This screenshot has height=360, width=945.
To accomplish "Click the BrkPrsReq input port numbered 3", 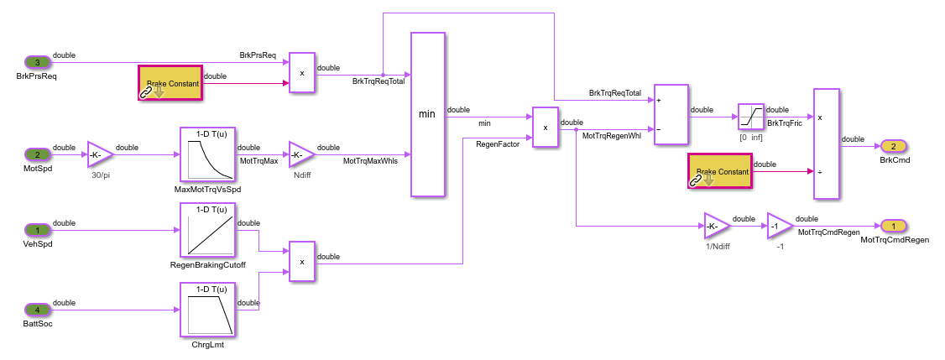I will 38,62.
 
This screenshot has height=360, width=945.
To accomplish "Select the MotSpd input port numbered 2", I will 38,154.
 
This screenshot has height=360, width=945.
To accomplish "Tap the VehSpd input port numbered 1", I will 38,229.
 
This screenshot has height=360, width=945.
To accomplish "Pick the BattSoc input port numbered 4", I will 38,310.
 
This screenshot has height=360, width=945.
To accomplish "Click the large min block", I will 427,114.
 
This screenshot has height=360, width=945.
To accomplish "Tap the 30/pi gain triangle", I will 98,154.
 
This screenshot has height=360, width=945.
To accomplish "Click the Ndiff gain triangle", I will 300,154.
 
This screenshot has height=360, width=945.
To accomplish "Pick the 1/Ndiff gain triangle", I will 716,226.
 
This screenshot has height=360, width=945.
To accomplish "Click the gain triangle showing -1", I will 778,226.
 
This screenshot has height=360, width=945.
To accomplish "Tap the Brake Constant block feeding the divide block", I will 720,171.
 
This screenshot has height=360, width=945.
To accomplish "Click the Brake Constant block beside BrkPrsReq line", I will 170,83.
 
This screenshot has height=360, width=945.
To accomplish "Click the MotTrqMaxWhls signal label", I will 370,161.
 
